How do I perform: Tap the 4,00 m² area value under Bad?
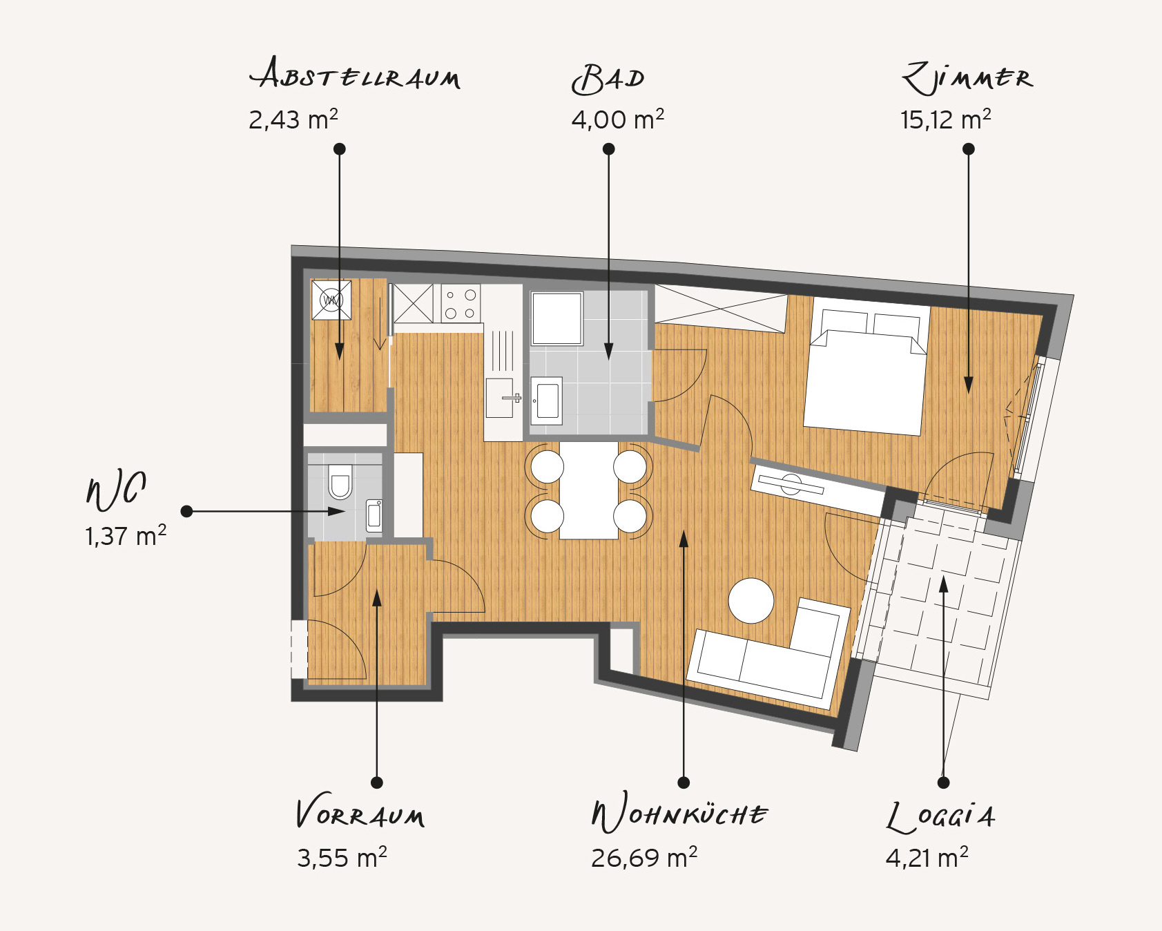(617, 119)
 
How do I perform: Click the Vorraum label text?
(360, 813)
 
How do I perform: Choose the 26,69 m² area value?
(644, 858)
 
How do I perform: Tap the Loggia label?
(940, 816)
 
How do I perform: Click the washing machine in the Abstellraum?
(331, 300)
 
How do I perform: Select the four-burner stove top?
(461, 303)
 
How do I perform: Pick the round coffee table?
(751, 601)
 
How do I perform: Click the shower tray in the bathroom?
(556, 318)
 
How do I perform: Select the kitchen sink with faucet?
(502, 398)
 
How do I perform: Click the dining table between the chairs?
(589, 490)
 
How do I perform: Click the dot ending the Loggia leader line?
(944, 783)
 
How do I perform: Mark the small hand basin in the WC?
(374, 515)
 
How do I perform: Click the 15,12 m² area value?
(945, 119)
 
